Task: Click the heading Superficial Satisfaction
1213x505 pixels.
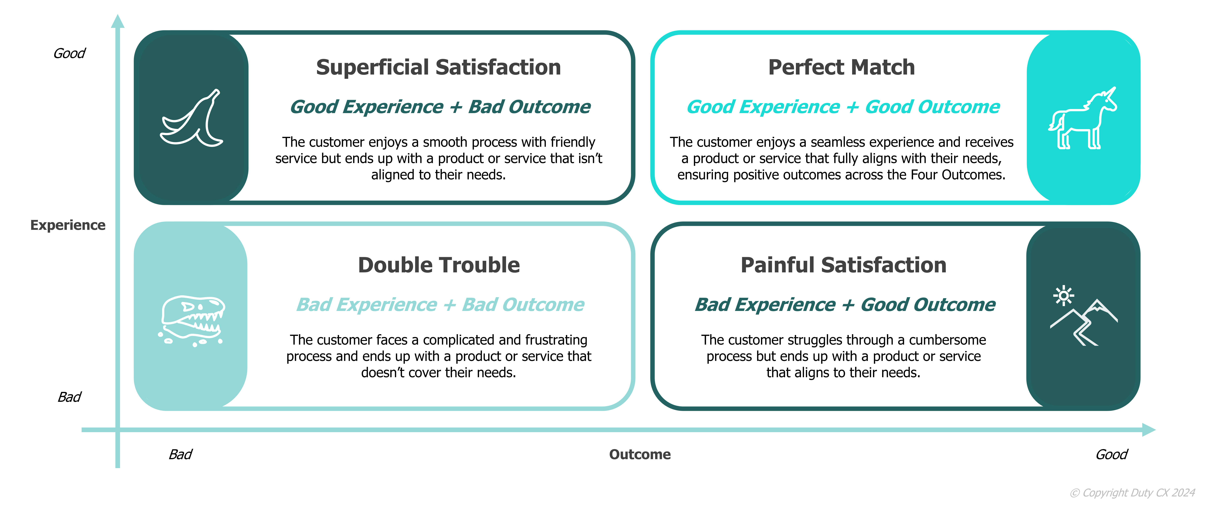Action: [x=438, y=67]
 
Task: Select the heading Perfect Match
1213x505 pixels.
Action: [x=841, y=67]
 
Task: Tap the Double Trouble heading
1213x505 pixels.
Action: [x=439, y=265]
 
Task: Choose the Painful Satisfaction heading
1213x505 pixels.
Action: [x=843, y=265]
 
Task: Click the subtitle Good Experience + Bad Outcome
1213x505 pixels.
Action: [x=440, y=107]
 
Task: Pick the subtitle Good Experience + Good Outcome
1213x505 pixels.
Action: [x=843, y=107]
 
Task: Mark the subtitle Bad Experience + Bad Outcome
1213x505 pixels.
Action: [x=440, y=305]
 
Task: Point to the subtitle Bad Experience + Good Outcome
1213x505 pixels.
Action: [x=845, y=305]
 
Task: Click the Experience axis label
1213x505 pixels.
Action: [x=68, y=225]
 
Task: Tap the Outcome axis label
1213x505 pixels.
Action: [x=640, y=455]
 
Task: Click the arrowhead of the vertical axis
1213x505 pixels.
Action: [x=118, y=21]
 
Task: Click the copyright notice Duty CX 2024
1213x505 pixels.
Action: [x=1133, y=493]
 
